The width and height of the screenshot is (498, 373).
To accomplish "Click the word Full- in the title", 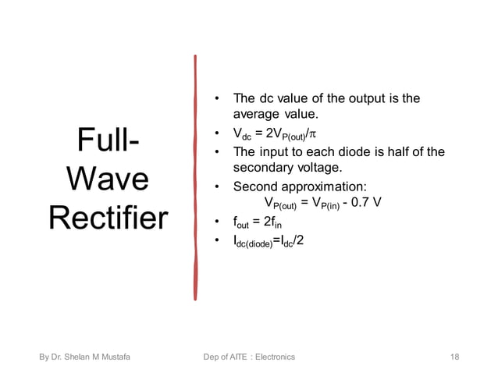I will [108, 144].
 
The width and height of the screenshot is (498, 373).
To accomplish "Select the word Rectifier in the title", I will [108, 218].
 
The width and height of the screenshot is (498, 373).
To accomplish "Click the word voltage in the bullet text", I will [320, 167].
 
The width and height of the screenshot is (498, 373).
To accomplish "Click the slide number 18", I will [455, 357].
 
